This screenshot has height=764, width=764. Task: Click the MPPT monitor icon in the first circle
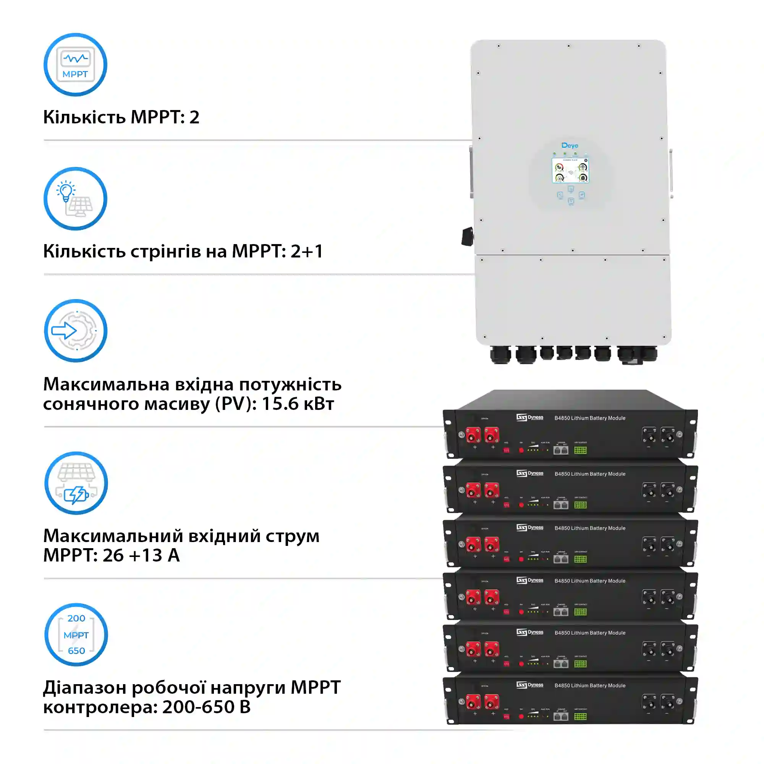coord(75,65)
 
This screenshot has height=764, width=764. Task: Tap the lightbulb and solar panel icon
coord(75,199)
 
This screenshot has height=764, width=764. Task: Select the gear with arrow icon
coord(76,330)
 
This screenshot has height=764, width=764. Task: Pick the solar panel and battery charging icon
coord(76,483)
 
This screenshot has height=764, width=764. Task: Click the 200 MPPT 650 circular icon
coord(76,635)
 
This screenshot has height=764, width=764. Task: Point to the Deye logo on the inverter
coord(570,146)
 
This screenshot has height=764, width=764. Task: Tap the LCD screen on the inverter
coord(570,170)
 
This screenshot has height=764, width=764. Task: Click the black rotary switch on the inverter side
coord(468,236)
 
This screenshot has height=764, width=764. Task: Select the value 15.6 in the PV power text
coord(280,404)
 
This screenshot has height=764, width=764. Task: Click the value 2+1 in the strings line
coord(307,251)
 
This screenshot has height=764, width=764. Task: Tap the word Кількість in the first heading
coord(84,117)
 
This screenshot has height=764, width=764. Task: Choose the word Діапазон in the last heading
coord(84,688)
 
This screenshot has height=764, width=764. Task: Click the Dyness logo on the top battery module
coord(530,418)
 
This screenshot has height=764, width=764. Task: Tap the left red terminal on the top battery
coord(473,435)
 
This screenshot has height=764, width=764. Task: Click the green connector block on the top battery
coord(580,450)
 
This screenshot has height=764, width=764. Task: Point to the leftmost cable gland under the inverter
coord(500,354)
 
